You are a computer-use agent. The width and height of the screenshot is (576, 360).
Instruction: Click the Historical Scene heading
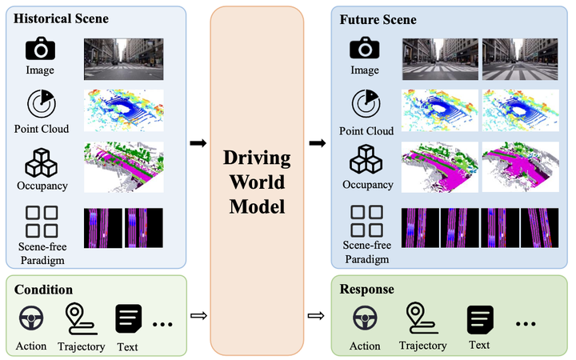click(x=61, y=18)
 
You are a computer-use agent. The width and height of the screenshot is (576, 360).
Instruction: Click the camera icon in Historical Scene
click(x=41, y=49)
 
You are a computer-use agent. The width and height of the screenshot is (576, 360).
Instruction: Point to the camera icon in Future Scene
click(x=364, y=48)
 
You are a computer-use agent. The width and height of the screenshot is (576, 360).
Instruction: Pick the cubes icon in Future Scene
click(x=364, y=161)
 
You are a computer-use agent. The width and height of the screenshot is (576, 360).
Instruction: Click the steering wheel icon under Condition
click(x=30, y=321)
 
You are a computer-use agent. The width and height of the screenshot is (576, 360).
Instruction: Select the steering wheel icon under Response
click(x=365, y=318)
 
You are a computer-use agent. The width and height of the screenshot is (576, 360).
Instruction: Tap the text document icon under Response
click(x=479, y=318)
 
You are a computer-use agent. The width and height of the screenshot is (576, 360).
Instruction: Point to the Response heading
click(x=367, y=288)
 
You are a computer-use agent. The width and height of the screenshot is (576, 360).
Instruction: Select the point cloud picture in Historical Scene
click(x=124, y=110)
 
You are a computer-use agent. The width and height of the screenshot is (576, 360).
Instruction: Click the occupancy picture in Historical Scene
click(x=124, y=166)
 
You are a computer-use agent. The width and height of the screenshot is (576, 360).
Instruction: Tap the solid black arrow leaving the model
click(x=318, y=143)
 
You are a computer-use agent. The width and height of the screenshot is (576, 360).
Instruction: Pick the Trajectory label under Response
click(x=423, y=345)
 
